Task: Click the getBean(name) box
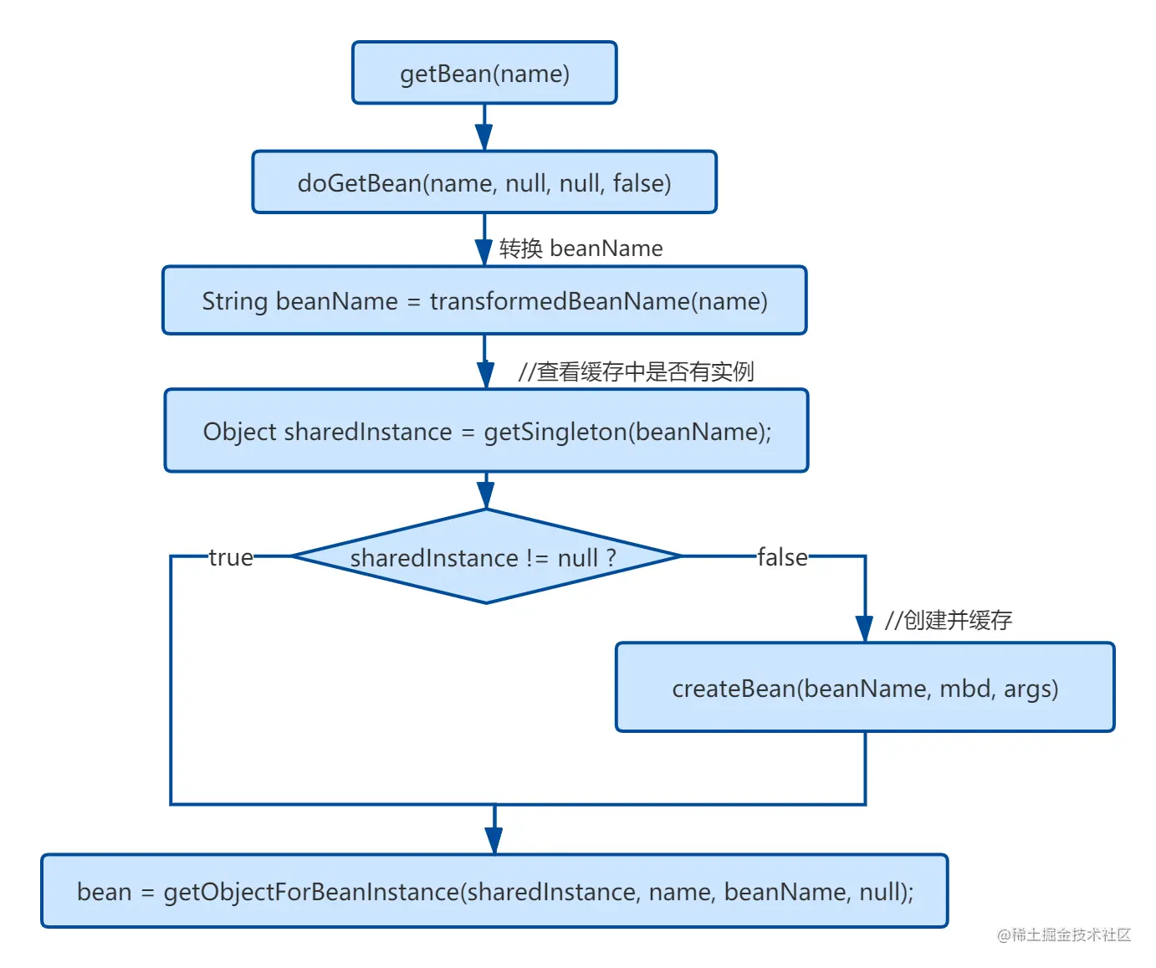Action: click(x=483, y=73)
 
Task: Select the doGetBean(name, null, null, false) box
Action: click(x=483, y=182)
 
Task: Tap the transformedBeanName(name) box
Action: click(x=483, y=300)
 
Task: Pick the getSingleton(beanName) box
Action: click(x=486, y=430)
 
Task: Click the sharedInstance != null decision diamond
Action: click(x=486, y=556)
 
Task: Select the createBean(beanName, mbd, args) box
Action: click(x=865, y=687)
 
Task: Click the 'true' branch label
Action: click(x=231, y=557)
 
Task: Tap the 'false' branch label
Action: click(x=782, y=557)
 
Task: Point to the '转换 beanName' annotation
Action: click(x=581, y=248)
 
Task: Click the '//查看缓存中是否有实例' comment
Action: click(x=636, y=371)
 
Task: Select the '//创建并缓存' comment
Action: click(x=949, y=620)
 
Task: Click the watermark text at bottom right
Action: click(x=1063, y=935)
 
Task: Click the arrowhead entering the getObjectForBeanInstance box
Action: click(x=494, y=841)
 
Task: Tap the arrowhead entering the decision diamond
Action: click(x=485, y=495)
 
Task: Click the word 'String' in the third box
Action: click(x=235, y=302)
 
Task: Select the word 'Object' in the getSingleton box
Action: click(x=239, y=432)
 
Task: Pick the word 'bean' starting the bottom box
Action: click(x=104, y=892)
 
